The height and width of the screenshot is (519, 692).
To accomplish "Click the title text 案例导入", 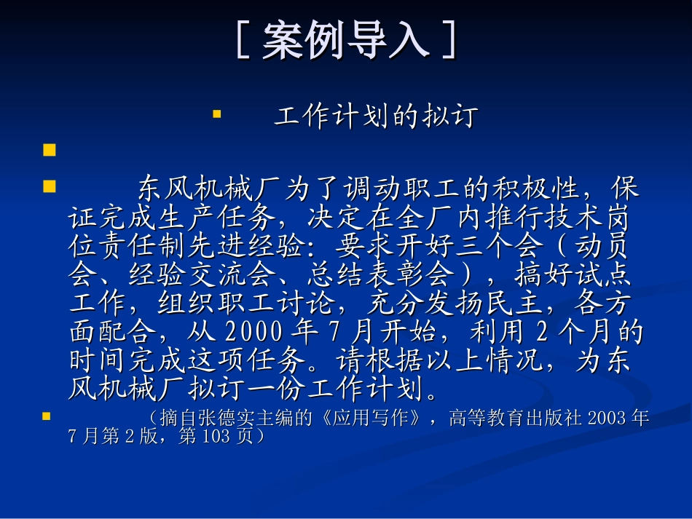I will pyautogui.click(x=345, y=40).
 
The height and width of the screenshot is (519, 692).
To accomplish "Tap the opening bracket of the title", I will pyautogui.click(x=245, y=40).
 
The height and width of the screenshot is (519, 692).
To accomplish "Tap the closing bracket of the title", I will pyautogui.click(x=449, y=40).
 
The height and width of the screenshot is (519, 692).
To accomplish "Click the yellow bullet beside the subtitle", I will pyautogui.click(x=216, y=114).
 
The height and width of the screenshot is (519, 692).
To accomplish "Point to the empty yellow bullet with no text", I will pyautogui.click(x=50, y=151).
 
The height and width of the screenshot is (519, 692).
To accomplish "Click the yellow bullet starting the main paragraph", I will pyautogui.click(x=50, y=186).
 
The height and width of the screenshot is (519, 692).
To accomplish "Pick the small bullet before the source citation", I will pyautogui.click(x=47, y=416).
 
